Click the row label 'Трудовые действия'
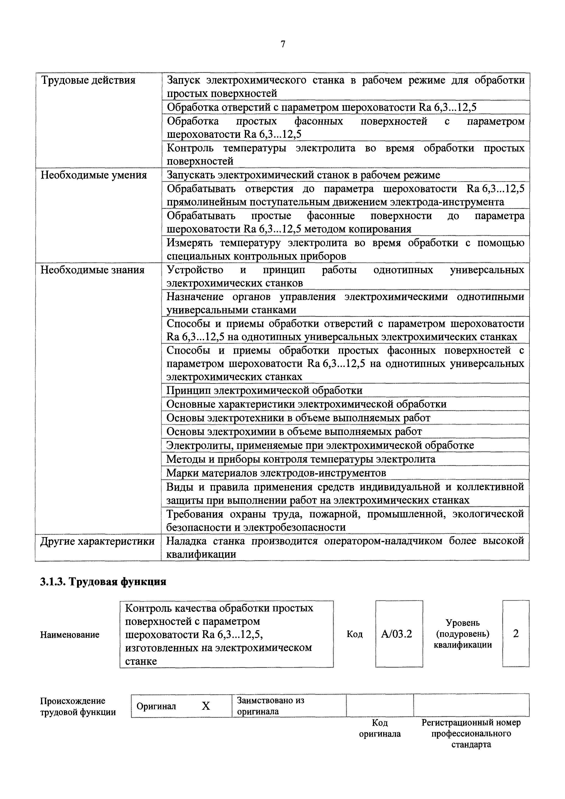(x=88, y=80)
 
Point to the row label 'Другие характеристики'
(x=98, y=541)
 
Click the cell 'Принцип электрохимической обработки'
(x=264, y=390)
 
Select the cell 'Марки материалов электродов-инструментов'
(x=276, y=473)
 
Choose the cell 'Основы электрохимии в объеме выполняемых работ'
(x=294, y=432)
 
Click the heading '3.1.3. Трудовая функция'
(x=103, y=582)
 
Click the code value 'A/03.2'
(x=396, y=634)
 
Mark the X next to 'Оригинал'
(x=206, y=706)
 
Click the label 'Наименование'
(x=70, y=635)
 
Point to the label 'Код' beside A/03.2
(x=354, y=634)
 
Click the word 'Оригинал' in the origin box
(x=156, y=706)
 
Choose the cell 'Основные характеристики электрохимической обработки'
(x=306, y=404)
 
